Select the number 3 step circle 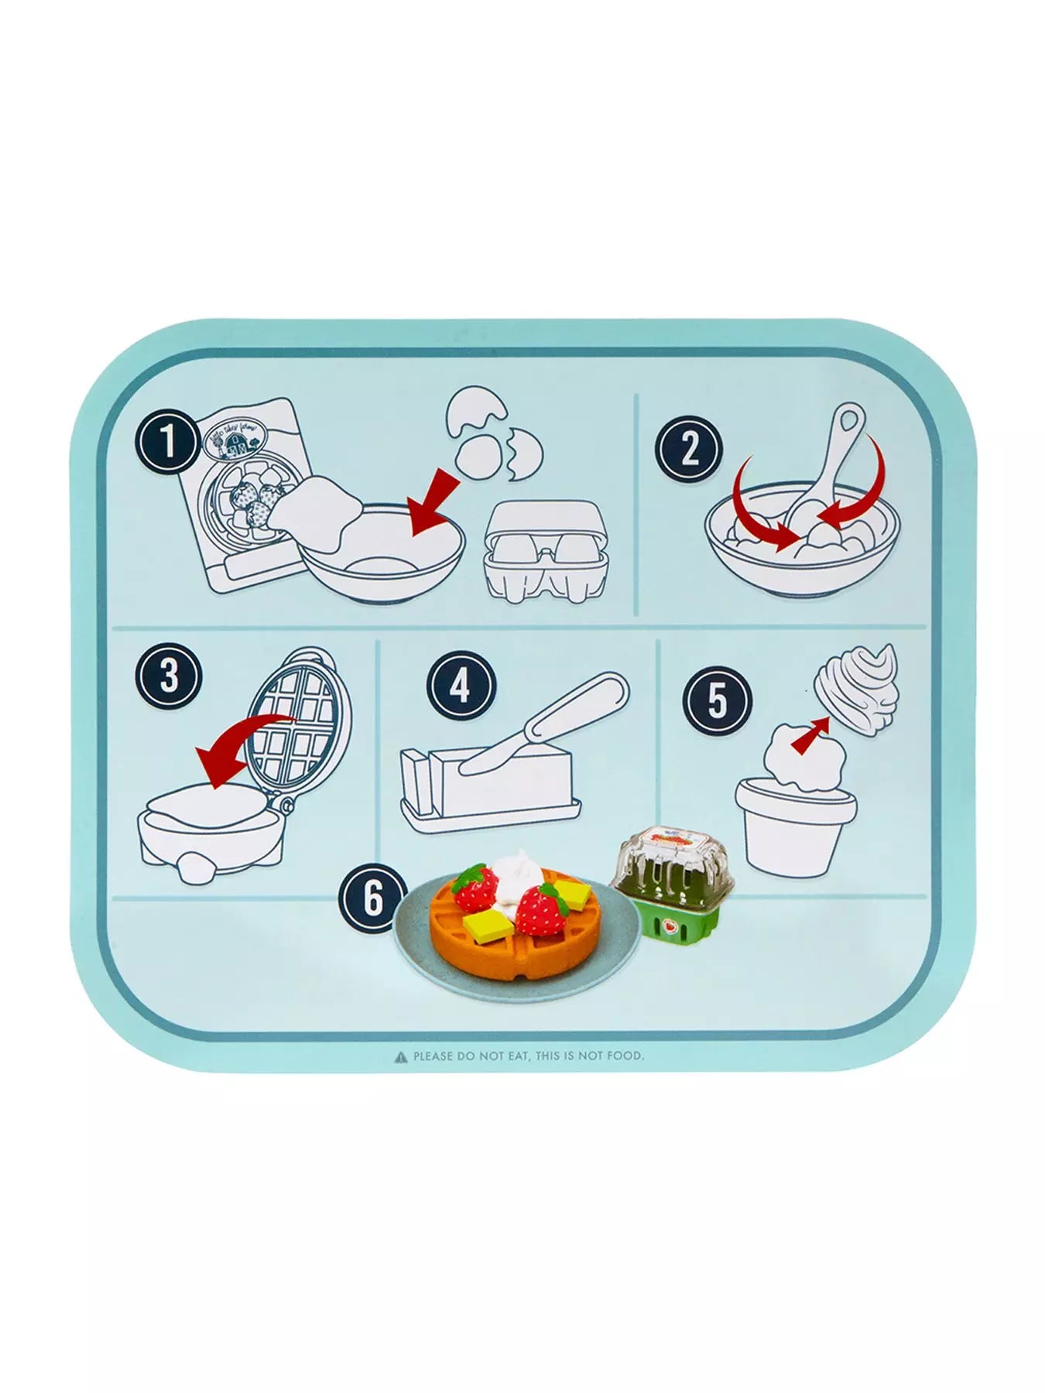pyautogui.click(x=168, y=675)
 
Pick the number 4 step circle pyautogui.click(x=461, y=686)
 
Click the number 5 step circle pyautogui.click(x=718, y=700)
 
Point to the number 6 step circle pyautogui.click(x=374, y=900)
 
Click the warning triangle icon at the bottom pyautogui.click(x=400, y=1055)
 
